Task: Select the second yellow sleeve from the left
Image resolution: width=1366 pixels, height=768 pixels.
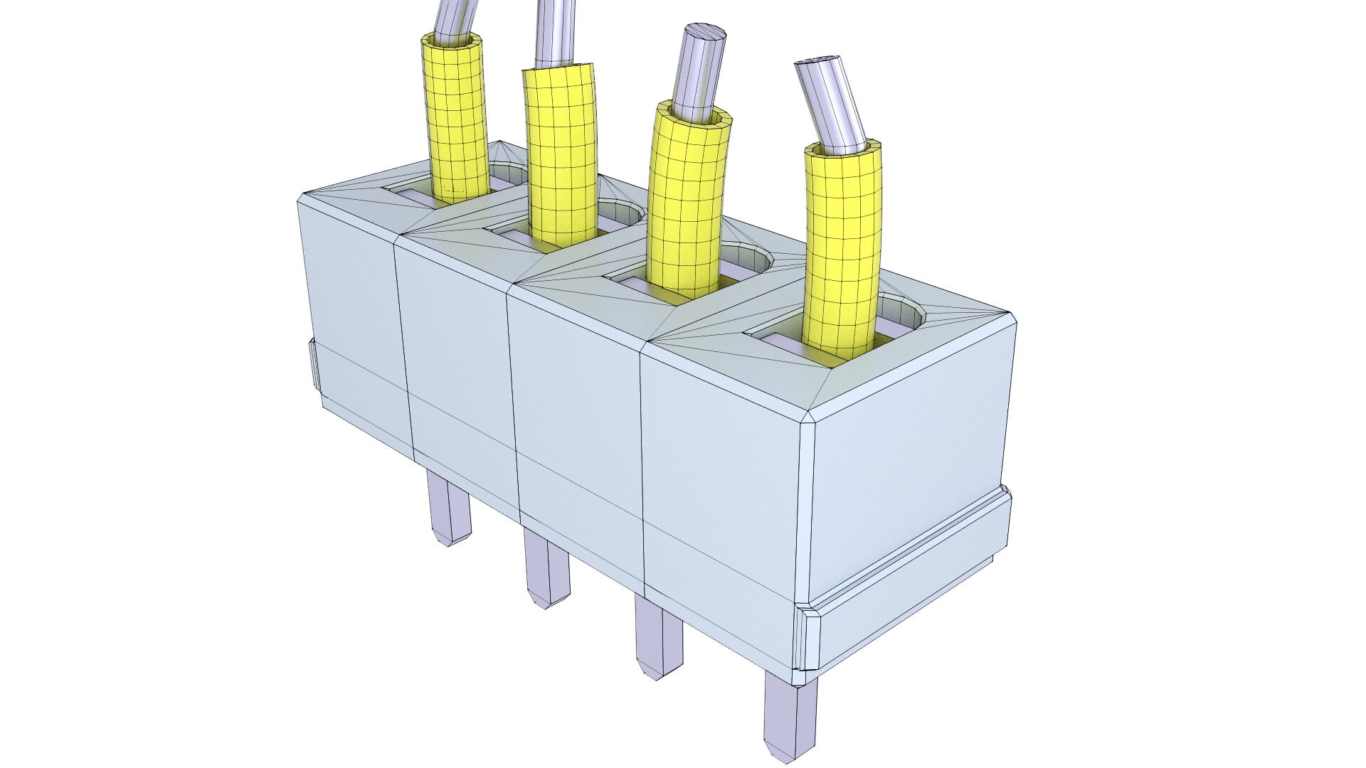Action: pos(560,149)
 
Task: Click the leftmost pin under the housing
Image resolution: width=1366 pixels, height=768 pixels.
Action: pos(448,508)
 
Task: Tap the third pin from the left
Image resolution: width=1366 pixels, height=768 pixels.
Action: pos(656,636)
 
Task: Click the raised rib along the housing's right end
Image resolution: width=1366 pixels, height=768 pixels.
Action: pos(911,569)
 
